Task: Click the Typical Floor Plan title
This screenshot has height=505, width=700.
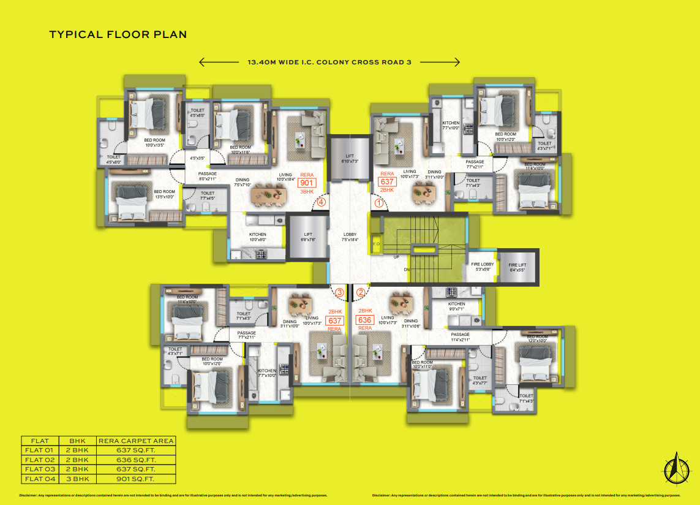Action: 118,35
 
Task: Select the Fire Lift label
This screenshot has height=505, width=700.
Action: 517,267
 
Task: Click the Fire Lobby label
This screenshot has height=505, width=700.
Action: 483,266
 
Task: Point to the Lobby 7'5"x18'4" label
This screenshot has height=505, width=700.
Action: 350,237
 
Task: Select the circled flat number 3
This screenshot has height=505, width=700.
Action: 339,292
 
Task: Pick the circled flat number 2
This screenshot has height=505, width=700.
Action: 361,292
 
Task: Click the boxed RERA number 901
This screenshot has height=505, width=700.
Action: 306,182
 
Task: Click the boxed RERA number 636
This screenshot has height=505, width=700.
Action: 365,320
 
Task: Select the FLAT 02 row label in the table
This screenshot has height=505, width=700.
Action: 40,460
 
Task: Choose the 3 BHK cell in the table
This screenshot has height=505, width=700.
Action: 78,479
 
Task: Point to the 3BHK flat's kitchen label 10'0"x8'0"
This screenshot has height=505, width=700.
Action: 257,237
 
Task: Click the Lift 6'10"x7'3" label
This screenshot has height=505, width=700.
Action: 349,158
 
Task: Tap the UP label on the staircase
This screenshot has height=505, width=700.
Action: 396,257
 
